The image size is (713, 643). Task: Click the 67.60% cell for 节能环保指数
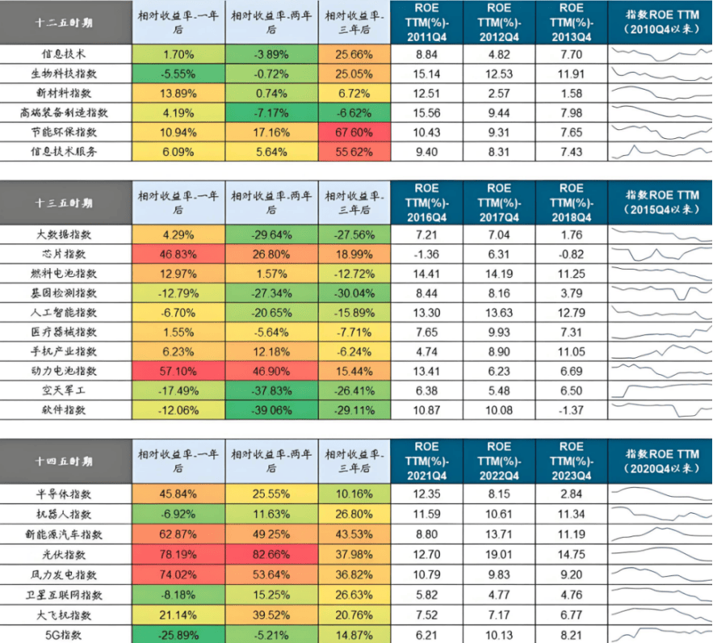pyautogui.click(x=352, y=132)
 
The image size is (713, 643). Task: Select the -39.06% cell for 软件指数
pyautogui.click(x=271, y=410)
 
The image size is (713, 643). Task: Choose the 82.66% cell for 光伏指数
pyautogui.click(x=271, y=555)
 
